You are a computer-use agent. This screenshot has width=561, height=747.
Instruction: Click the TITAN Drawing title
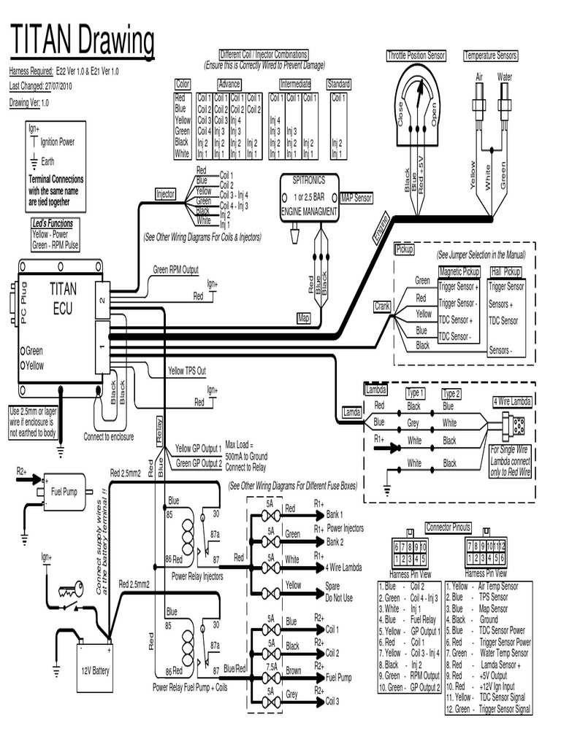tap(82, 42)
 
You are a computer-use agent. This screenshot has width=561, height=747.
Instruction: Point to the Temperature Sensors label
tap(491, 55)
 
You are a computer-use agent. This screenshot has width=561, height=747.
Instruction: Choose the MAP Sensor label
tap(356, 198)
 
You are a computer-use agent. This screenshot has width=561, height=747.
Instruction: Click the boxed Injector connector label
tap(166, 194)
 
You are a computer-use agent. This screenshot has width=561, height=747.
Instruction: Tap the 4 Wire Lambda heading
tap(512, 400)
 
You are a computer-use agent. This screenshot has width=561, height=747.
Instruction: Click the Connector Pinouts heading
tap(449, 527)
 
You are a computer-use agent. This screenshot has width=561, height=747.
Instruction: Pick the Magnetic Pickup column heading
tap(459, 271)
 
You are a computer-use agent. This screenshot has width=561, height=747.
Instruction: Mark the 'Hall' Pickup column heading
tap(507, 271)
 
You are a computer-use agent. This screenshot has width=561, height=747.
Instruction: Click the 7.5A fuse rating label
tap(272, 665)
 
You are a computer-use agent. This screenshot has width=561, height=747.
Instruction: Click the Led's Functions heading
tap(53, 223)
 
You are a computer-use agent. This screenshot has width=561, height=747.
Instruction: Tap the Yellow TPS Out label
tap(187, 371)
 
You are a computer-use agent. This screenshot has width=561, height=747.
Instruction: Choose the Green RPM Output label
tap(175, 269)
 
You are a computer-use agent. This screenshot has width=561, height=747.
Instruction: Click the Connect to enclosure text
tap(109, 436)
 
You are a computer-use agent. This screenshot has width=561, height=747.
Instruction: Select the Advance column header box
tap(229, 84)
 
